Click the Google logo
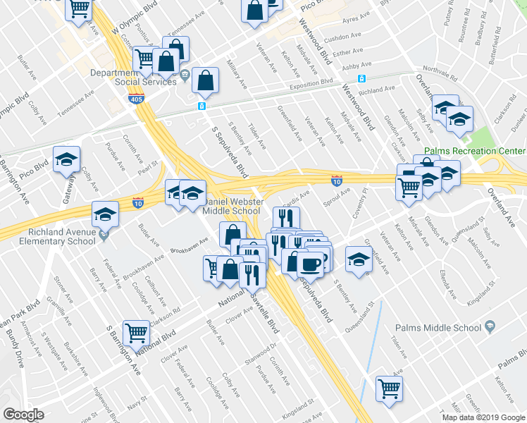23,415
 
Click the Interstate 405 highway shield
137,100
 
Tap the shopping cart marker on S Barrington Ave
136,332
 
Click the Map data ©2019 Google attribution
483,417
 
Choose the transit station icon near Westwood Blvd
361,79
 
